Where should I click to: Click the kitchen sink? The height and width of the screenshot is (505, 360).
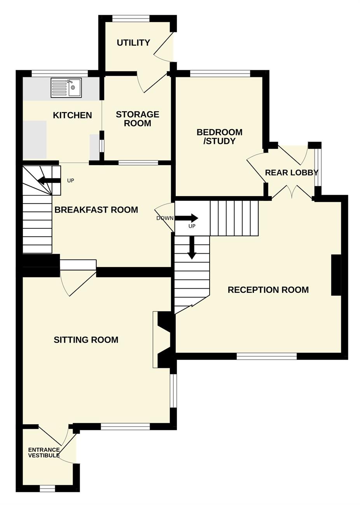coord(66,88)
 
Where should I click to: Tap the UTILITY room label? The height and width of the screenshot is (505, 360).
coord(133,43)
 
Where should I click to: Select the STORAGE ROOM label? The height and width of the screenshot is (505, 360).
coord(138,119)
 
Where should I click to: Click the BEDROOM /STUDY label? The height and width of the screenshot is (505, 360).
coord(220,137)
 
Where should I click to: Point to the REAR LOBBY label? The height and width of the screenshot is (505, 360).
coord(292,173)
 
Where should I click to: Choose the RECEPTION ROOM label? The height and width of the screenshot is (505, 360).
coord(268,290)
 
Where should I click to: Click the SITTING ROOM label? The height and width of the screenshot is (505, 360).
coord(86,340)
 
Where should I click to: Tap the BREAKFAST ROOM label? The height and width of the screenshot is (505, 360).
coord(96,210)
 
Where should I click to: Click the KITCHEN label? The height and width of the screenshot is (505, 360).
coord(72,115)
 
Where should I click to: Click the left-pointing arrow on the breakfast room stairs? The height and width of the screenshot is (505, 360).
coord(49,180)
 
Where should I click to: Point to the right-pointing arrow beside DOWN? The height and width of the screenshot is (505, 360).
coord(187,218)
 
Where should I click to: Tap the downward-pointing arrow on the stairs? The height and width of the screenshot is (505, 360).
coord(192,247)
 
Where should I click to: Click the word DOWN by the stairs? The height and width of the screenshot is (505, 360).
coord(165,218)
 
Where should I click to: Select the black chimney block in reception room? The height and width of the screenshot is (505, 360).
coord(336,275)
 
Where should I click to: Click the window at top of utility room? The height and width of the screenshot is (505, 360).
coord(131,19)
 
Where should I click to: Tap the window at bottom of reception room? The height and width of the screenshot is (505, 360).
coord(267,356)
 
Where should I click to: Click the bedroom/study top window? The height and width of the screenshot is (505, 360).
coord(220,73)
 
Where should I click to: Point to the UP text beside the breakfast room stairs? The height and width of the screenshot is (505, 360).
coord(71,181)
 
